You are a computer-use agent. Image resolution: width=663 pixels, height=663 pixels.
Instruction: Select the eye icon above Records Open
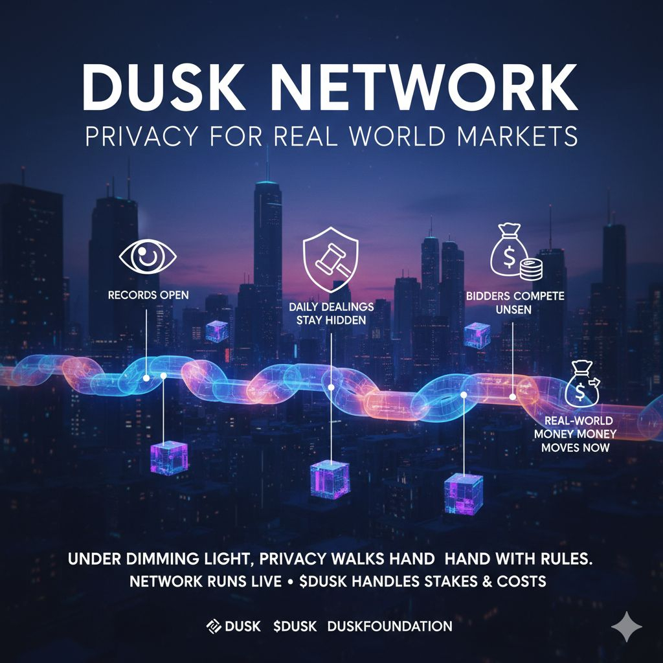click(x=148, y=257)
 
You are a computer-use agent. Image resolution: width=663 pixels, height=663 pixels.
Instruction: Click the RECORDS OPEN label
click(x=148, y=295)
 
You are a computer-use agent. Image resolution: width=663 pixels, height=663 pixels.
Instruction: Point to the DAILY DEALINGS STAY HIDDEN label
click(x=331, y=312)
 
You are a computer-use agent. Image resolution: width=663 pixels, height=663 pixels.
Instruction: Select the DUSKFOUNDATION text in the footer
click(x=390, y=626)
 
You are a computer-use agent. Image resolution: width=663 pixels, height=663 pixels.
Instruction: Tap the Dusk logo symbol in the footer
click(x=214, y=626)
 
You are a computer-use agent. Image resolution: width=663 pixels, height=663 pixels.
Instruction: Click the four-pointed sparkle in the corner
click(x=626, y=627)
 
